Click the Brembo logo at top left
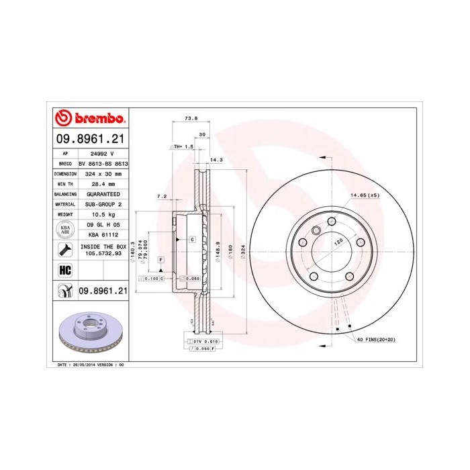click(90, 120)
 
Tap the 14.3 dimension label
click(217, 160)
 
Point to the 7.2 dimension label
click(161, 197)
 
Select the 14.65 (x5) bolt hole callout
click(365, 195)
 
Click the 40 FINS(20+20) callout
click(377, 340)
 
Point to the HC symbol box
click(65, 270)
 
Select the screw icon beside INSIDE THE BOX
click(65, 250)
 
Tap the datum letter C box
click(192, 239)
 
